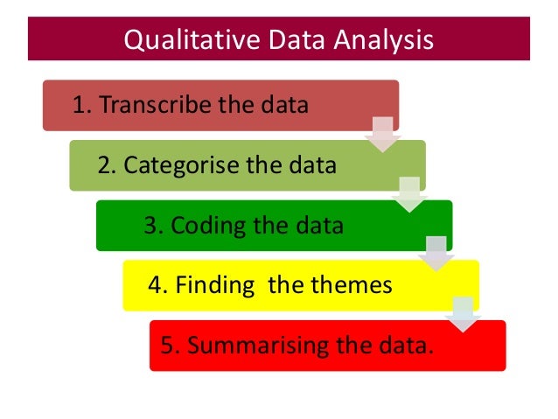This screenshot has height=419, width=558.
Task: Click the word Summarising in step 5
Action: click(x=254, y=345)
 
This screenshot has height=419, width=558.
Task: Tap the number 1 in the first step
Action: click(x=79, y=106)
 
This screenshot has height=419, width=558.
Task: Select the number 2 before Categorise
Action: click(x=104, y=165)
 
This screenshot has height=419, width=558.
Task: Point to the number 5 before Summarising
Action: click(x=166, y=345)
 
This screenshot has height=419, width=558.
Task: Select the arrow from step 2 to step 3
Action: click(x=409, y=193)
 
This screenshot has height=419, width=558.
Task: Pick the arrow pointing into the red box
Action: click(x=463, y=313)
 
